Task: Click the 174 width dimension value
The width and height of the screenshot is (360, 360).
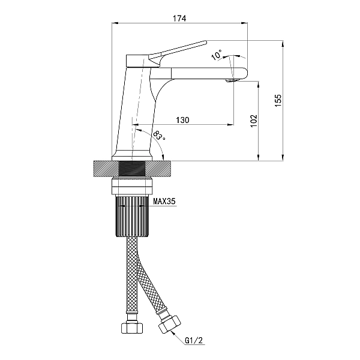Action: click(x=179, y=19)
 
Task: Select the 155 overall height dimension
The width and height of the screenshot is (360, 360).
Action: click(x=278, y=100)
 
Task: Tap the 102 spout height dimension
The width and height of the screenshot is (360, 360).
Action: click(x=254, y=121)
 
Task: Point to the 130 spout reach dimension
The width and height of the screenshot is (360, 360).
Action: click(x=183, y=120)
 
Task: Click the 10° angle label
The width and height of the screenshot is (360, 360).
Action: click(x=217, y=55)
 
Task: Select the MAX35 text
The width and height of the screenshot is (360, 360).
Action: click(x=164, y=202)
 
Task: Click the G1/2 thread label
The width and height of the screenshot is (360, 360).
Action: click(x=194, y=341)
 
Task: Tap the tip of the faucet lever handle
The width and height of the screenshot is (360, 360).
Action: click(x=206, y=42)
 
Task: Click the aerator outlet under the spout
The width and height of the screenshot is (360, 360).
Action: click(x=232, y=80)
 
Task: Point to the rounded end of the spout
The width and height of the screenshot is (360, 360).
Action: click(x=245, y=73)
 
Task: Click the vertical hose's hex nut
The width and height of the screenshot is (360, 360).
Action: click(x=131, y=328)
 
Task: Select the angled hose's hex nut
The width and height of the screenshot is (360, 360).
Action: click(x=170, y=325)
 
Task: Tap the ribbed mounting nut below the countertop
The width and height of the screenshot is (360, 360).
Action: click(x=132, y=216)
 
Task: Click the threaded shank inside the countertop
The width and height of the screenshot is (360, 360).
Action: click(x=132, y=169)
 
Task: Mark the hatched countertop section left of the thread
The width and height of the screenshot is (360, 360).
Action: click(x=106, y=169)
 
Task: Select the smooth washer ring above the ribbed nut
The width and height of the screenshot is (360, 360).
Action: click(x=132, y=186)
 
